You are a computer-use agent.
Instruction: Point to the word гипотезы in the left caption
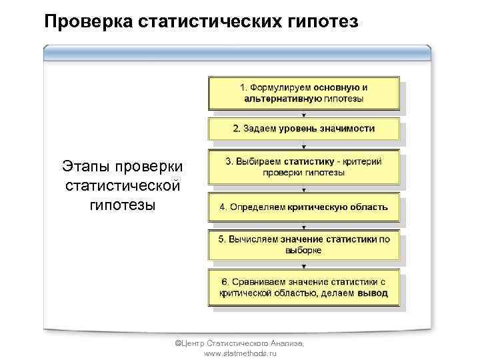[x=123, y=204]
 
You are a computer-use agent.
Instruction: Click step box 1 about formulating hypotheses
[x=303, y=93]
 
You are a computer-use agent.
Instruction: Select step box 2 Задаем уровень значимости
[x=303, y=129]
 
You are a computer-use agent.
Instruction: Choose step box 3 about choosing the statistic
[x=303, y=167]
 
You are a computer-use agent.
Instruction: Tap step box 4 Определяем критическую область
[x=303, y=207]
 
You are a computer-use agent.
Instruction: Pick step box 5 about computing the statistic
[x=303, y=245]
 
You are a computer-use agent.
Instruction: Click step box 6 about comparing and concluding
[x=303, y=287]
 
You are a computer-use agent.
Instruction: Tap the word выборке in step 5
[x=303, y=251]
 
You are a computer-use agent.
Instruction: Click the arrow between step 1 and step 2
[x=304, y=114]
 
